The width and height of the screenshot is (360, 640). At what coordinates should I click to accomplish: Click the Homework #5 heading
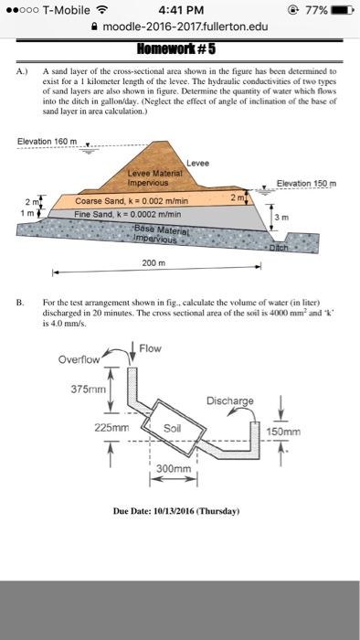(x=179, y=49)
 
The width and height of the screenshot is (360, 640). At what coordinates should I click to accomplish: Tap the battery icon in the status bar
(x=339, y=11)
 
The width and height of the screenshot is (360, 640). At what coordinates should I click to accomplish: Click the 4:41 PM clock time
(x=179, y=11)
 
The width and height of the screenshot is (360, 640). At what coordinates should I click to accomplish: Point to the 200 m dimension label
(x=151, y=262)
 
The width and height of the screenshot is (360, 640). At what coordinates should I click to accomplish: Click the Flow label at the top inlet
(x=151, y=348)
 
